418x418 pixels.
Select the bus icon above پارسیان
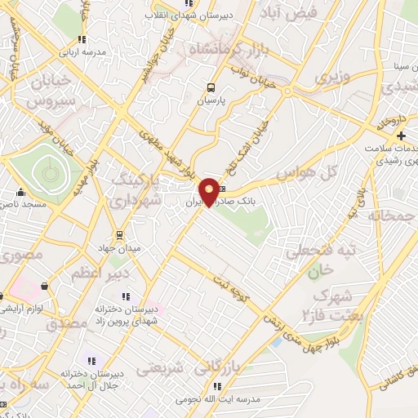click(211, 87)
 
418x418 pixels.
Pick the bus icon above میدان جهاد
click(119, 234)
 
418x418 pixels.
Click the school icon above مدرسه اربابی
click(81, 38)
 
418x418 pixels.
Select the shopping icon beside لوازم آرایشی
click(42, 286)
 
